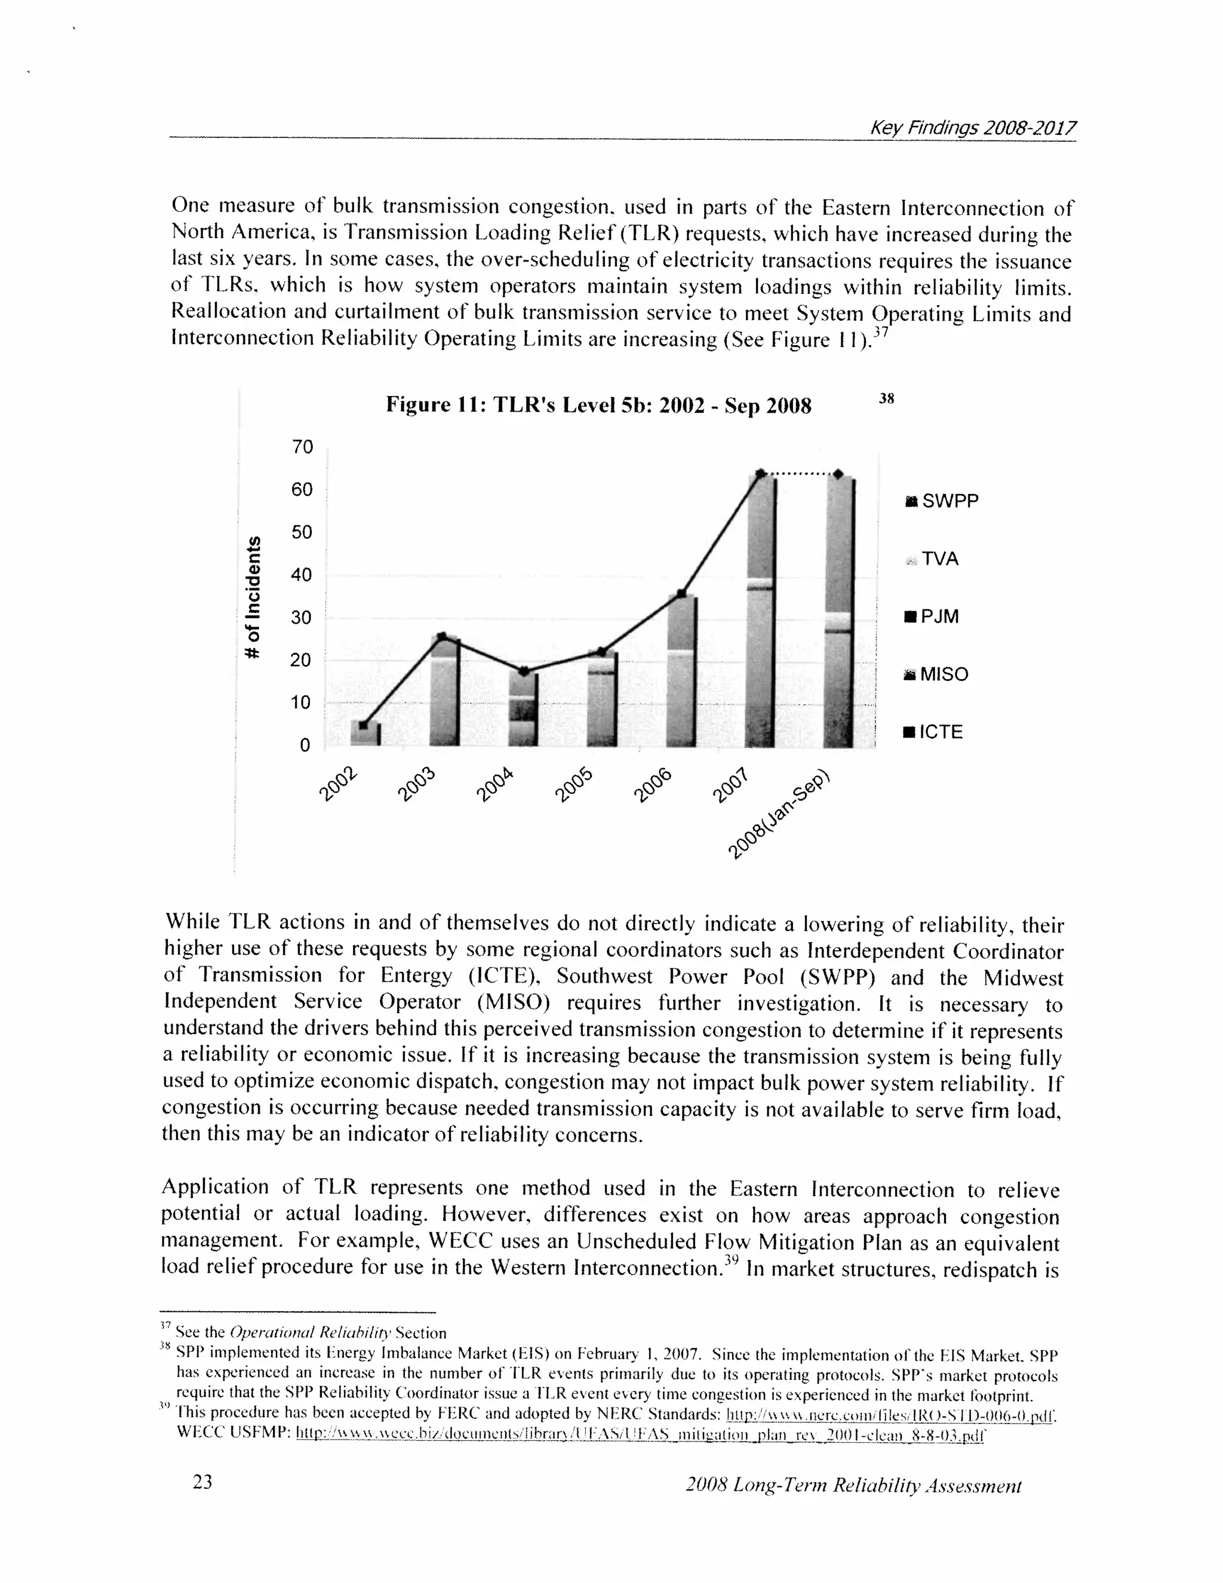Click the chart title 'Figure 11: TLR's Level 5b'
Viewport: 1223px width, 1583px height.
(x=598, y=404)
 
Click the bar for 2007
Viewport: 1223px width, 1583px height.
(x=761, y=616)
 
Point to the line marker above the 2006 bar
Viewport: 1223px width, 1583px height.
(x=681, y=593)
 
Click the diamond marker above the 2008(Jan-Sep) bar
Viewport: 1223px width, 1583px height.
(x=838, y=474)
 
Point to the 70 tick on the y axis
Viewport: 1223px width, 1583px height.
(x=302, y=446)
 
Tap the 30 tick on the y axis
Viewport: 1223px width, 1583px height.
(x=301, y=617)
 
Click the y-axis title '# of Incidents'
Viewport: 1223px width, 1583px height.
(x=252, y=597)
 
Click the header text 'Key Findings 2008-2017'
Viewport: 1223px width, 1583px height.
(x=972, y=128)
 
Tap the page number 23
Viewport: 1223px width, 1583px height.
(x=202, y=1481)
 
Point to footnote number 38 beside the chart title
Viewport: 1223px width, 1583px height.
(x=886, y=398)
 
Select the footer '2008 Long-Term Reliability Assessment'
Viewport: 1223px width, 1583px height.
(x=853, y=1485)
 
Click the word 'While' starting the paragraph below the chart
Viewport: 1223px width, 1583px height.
(x=193, y=921)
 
